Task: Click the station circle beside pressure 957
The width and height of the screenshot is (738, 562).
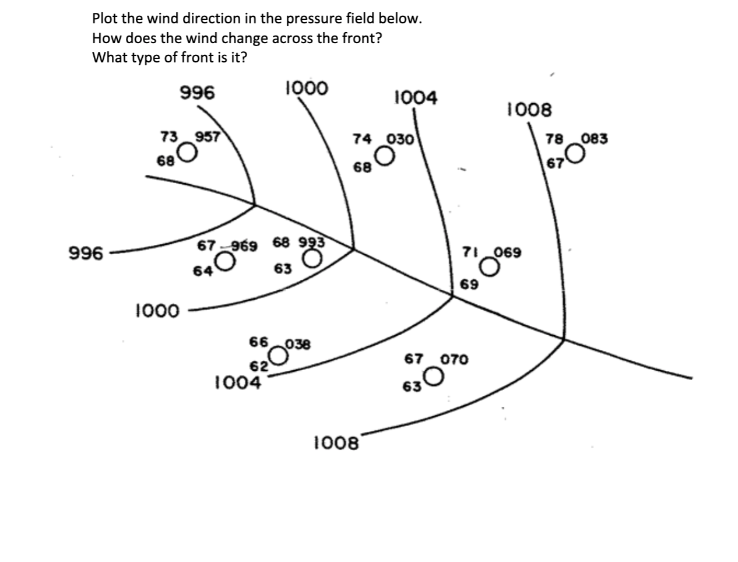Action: [x=187, y=153]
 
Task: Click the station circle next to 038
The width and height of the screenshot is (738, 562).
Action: [x=279, y=355]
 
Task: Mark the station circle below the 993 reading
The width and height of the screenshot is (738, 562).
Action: [x=313, y=258]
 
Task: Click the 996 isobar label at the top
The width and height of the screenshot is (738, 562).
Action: [x=197, y=93]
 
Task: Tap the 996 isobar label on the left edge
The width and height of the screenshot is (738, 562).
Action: [x=86, y=254]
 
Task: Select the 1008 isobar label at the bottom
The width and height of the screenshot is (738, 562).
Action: [x=336, y=443]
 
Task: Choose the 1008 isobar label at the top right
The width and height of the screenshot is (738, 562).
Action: [x=529, y=109]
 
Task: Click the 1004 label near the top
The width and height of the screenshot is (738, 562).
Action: [x=415, y=97]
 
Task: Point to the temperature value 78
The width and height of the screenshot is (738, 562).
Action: [x=554, y=139]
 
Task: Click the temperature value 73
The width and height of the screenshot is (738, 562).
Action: [x=169, y=137]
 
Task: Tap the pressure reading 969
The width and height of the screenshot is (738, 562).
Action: [x=245, y=245]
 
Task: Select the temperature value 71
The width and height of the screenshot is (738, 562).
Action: [x=470, y=252]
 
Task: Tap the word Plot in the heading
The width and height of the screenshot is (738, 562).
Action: [x=106, y=18]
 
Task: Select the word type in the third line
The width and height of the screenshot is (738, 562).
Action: [x=153, y=58]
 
